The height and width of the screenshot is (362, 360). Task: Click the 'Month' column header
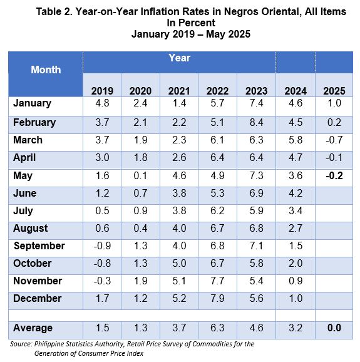pyautogui.click(x=46, y=70)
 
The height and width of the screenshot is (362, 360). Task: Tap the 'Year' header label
pyautogui.click(x=179, y=58)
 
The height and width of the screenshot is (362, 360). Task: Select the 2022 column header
pyautogui.click(x=217, y=91)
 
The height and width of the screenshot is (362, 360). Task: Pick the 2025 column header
pyautogui.click(x=334, y=91)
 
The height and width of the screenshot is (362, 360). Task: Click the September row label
pyautogui.click(x=39, y=246)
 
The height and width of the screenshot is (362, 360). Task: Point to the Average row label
pyautogui.click(x=33, y=328)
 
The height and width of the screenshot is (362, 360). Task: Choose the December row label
pyautogui.click(x=38, y=298)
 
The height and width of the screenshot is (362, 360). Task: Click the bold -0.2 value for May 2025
pyautogui.click(x=334, y=176)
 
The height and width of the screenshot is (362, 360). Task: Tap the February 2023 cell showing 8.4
pyautogui.click(x=257, y=122)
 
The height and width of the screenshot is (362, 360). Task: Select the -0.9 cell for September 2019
pyautogui.click(x=102, y=246)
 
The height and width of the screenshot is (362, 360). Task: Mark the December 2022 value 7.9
pyautogui.click(x=217, y=298)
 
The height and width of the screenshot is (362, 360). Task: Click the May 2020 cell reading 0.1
pyautogui.click(x=140, y=176)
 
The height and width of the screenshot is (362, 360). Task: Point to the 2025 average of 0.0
pyautogui.click(x=334, y=328)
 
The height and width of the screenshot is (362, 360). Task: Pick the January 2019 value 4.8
pyautogui.click(x=102, y=103)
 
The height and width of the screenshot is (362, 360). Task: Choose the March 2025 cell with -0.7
pyautogui.click(x=334, y=140)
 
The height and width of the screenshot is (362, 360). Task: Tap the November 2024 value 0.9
pyautogui.click(x=296, y=281)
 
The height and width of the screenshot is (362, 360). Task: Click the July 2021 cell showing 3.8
pyautogui.click(x=179, y=210)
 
